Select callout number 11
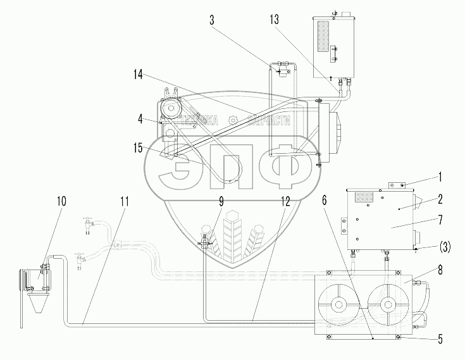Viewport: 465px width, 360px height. point(125,201)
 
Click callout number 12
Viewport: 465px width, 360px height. point(286,201)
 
